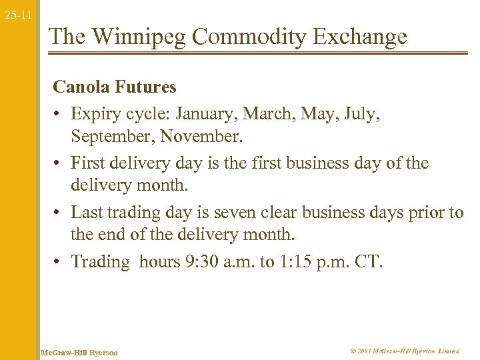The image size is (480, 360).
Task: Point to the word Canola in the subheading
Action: click(81, 87)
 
